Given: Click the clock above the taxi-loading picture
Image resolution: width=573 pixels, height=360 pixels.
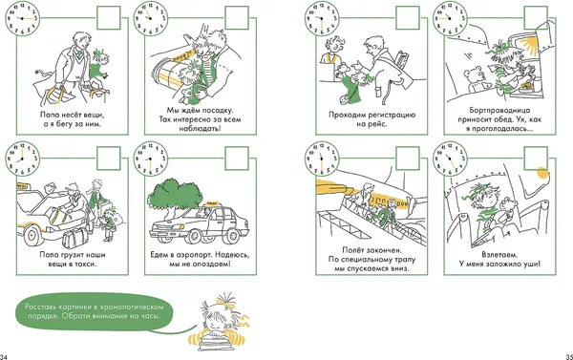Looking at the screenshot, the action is point(22,159).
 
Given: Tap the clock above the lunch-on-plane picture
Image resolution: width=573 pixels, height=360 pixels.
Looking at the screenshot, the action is point(450,18).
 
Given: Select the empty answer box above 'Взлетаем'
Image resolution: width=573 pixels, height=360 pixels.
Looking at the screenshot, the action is point(536,159).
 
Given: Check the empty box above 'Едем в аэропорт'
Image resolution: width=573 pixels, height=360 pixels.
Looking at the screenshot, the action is point(237,159).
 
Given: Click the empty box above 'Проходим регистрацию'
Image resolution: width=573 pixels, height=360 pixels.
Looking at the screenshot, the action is point(408,18).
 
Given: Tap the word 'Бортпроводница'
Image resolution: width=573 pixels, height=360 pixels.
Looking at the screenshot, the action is point(499,111).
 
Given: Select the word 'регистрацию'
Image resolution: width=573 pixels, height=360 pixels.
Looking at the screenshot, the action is point(393,115).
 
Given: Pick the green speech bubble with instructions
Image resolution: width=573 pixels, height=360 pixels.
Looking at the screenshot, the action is point(95,311).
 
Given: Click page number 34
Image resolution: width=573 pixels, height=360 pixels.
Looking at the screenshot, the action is point(4,357).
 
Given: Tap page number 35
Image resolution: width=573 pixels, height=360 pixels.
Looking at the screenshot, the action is point(569,357).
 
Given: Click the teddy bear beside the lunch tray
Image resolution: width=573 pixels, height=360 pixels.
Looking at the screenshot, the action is point(475,80).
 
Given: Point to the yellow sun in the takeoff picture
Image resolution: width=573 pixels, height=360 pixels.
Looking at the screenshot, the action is point(543,173).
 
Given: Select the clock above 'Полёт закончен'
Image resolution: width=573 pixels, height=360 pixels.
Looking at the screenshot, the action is point(322,159).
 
